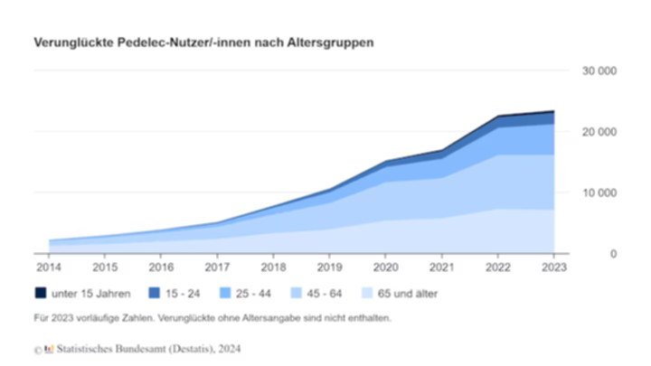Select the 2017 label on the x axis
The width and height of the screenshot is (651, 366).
pyautogui.click(x=217, y=268)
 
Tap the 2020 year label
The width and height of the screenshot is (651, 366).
pyautogui.click(x=385, y=268)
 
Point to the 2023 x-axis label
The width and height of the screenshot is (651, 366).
pyautogui.click(x=553, y=268)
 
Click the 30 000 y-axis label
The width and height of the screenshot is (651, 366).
pyautogui.click(x=599, y=70)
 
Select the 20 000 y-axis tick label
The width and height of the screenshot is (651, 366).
pyautogui.click(x=599, y=132)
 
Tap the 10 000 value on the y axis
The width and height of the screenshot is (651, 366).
pyautogui.click(x=599, y=193)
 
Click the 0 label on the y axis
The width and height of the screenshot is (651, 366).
pyautogui.click(x=612, y=254)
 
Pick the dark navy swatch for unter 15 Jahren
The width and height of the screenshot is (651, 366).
pyautogui.click(x=42, y=294)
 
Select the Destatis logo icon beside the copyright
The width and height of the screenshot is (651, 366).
pyautogui.click(x=50, y=348)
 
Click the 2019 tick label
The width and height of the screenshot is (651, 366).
pyautogui.click(x=329, y=268)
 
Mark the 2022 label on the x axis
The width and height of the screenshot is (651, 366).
pyautogui.click(x=497, y=268)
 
